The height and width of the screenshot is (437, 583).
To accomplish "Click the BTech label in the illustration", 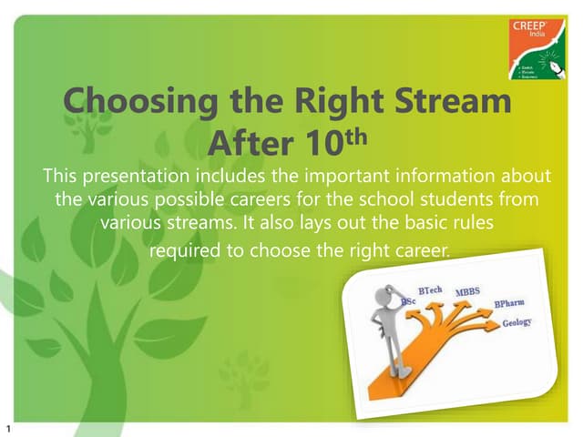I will point(430,290).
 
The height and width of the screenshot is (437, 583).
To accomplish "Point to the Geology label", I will point(517,324).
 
